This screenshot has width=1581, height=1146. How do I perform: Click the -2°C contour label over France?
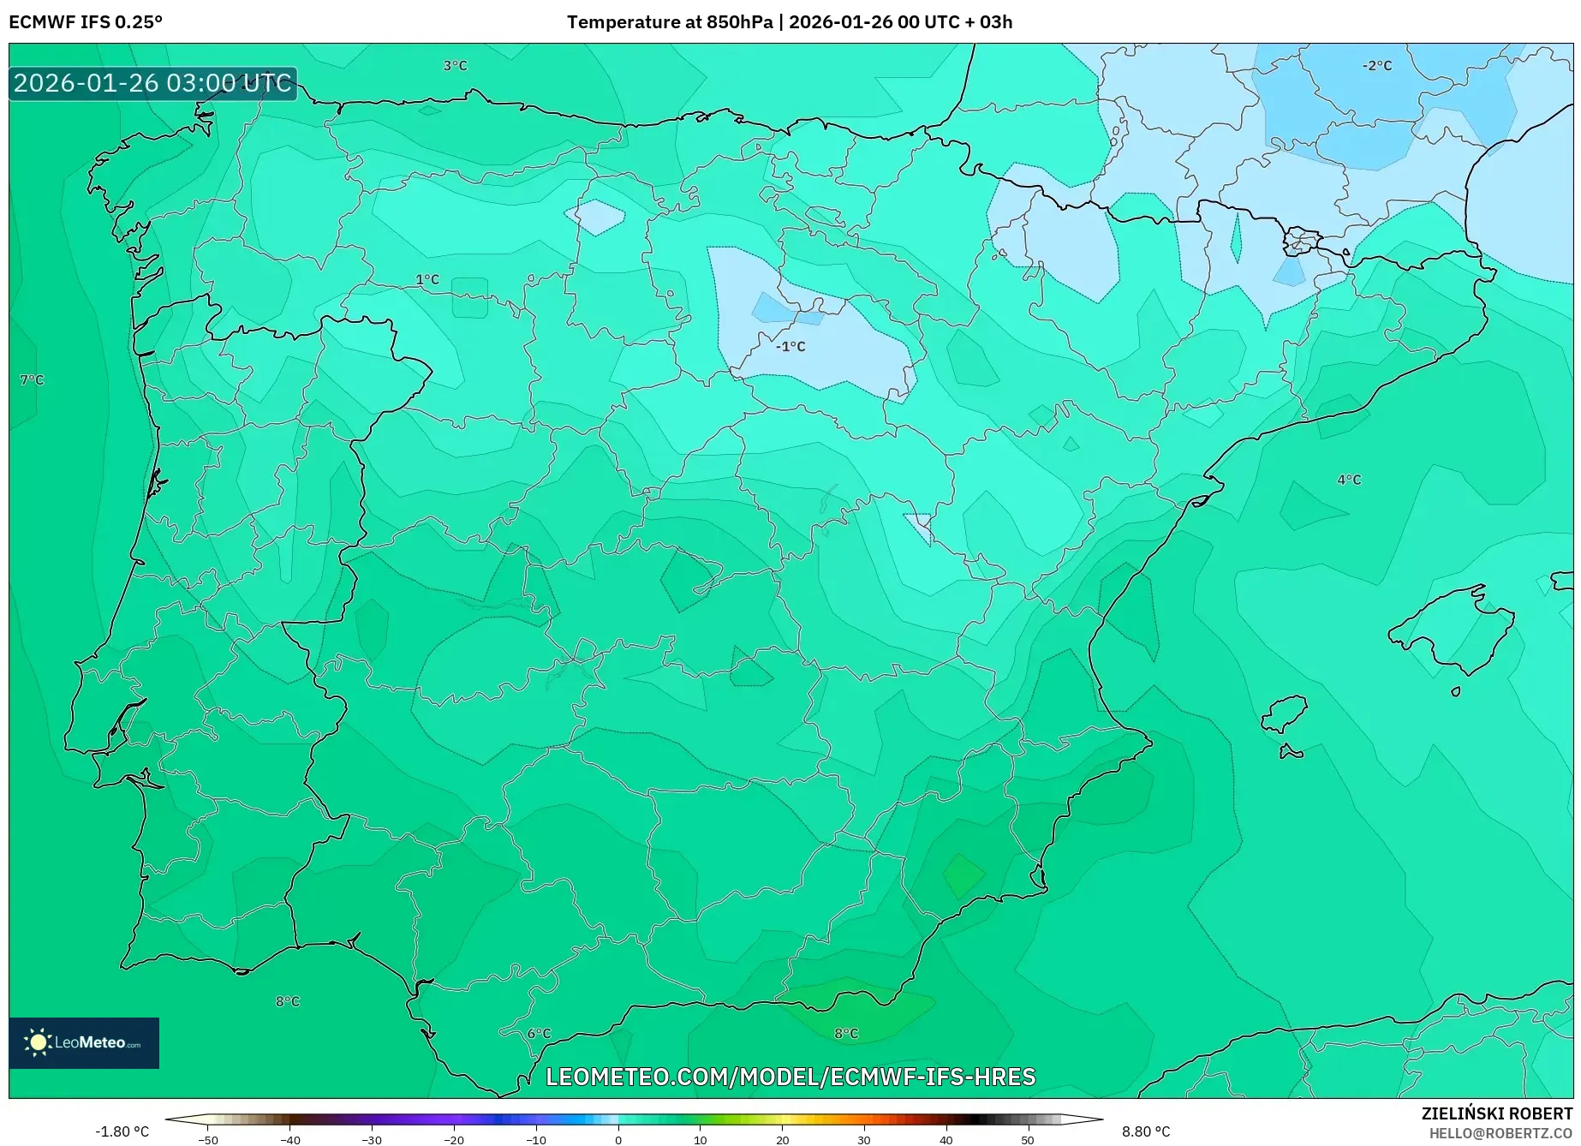click(1377, 66)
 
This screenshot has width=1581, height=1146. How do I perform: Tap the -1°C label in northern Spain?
click(790, 347)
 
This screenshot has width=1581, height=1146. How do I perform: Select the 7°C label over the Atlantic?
click(32, 380)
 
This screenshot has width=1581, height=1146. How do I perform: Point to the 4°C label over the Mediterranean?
click(1349, 480)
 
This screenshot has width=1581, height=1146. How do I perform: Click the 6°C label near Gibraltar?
click(539, 1034)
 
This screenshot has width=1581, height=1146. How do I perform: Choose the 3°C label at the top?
click(455, 66)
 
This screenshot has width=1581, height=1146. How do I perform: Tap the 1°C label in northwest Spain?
click(427, 280)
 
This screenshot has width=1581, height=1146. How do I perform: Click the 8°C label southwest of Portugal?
click(288, 1002)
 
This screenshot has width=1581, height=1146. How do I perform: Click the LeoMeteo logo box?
click(84, 1042)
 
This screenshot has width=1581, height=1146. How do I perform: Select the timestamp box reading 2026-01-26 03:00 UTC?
click(152, 83)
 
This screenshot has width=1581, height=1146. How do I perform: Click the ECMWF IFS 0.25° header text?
click(86, 22)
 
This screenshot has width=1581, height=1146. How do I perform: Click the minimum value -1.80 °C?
click(122, 1131)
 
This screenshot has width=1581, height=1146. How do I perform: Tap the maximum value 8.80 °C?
click(1146, 1131)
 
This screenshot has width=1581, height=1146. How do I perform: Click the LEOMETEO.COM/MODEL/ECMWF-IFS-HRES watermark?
click(790, 1077)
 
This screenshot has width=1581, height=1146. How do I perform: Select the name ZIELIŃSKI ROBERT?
click(1496, 1114)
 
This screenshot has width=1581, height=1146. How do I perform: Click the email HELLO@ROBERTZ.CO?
click(1500, 1133)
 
